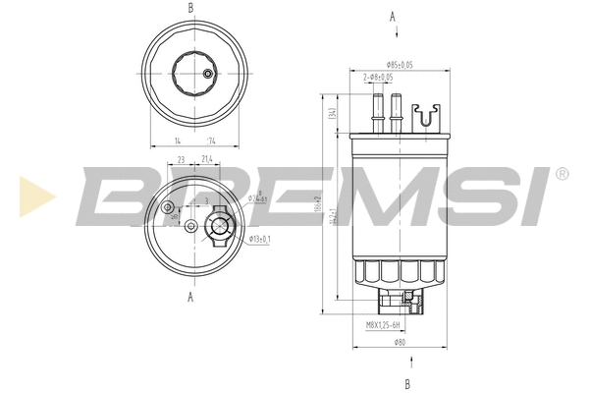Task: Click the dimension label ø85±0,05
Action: point(399,64)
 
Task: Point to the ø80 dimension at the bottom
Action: point(400,342)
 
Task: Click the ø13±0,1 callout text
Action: point(260,239)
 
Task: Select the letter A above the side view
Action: point(393,17)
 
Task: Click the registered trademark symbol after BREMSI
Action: point(561,174)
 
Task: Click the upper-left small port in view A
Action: point(169,207)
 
